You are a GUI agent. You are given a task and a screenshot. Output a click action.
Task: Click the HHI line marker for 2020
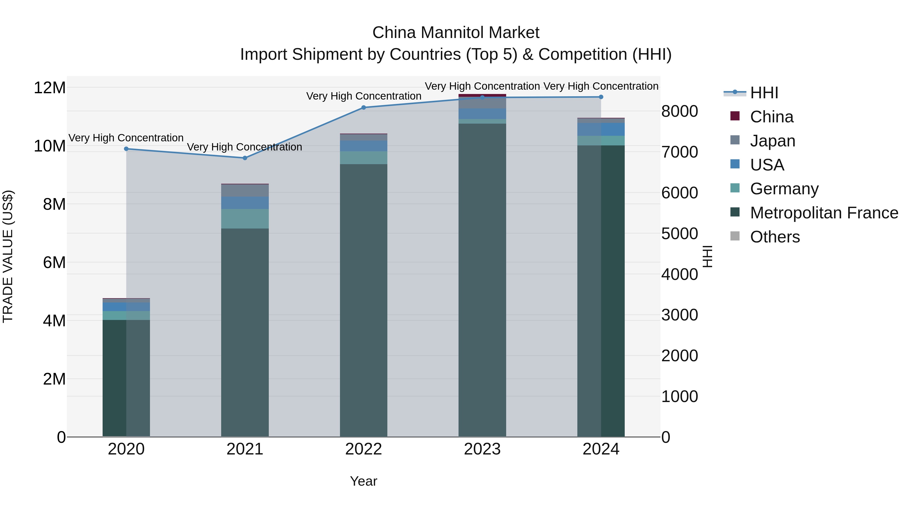pos(126,149)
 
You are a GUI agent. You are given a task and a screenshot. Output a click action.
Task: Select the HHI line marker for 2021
pos(245,158)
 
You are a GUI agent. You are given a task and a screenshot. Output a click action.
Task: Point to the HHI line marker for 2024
pos(601,97)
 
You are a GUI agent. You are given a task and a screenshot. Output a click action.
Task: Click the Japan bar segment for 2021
pos(245,191)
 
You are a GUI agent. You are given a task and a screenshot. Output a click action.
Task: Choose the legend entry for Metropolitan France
pos(824,213)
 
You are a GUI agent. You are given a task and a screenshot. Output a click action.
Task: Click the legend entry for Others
pos(775,237)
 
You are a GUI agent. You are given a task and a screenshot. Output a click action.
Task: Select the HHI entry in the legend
pos(764,93)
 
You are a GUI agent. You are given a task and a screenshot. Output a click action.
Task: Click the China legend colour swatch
pos(735,116)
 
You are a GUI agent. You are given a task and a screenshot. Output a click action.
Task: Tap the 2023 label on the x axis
pos(482,449)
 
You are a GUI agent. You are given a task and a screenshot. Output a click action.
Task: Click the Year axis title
pos(363,481)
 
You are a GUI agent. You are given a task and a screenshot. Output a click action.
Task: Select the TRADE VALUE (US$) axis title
pos(8,256)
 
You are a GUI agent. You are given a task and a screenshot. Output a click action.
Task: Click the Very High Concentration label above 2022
pos(363,96)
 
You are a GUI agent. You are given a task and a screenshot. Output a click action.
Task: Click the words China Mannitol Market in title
pos(456,33)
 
